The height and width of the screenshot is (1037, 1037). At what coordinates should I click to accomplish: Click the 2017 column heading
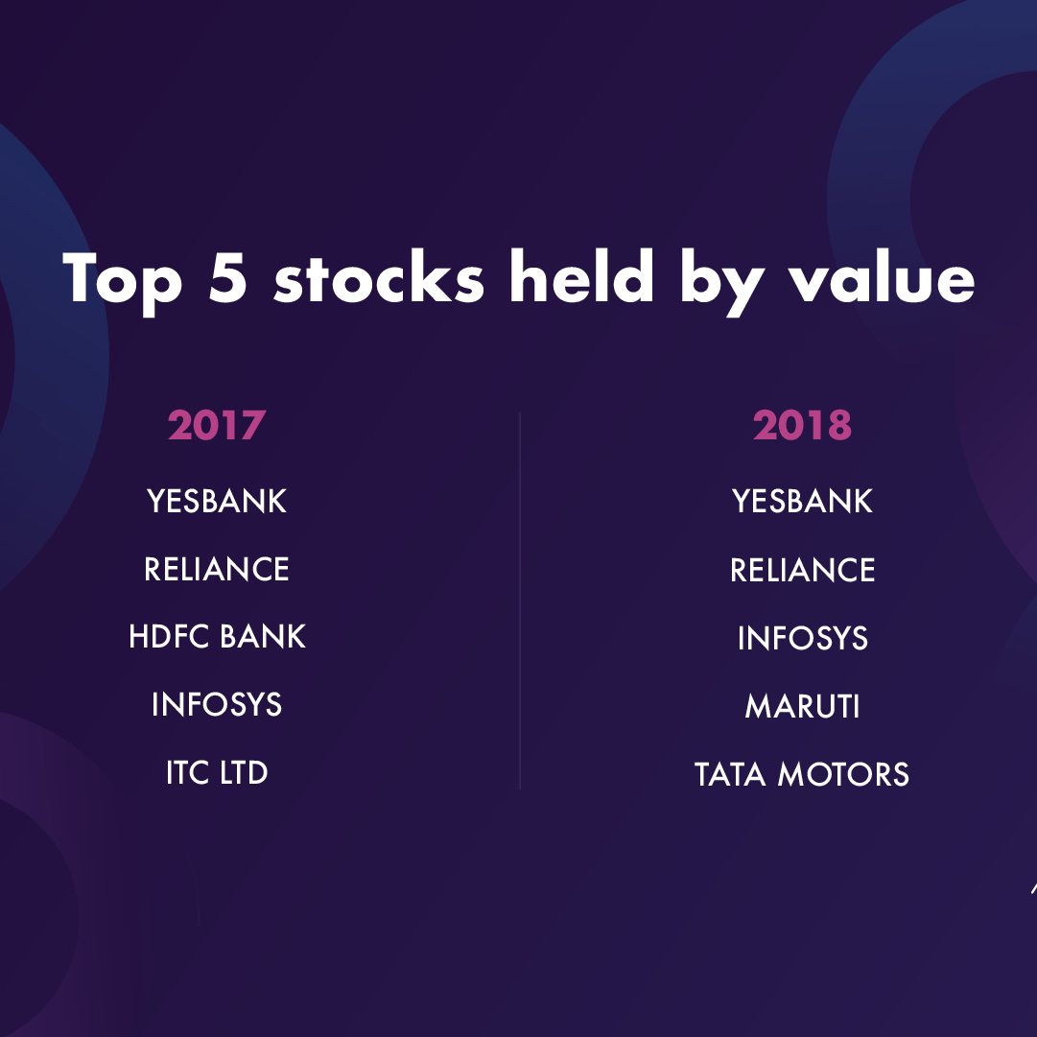pyautogui.click(x=216, y=425)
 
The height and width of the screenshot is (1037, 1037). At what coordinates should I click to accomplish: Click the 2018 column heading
pyautogui.click(x=802, y=425)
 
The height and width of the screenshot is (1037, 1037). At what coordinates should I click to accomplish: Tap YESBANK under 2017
pyautogui.click(x=216, y=501)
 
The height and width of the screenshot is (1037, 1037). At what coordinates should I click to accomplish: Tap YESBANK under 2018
pyautogui.click(x=802, y=501)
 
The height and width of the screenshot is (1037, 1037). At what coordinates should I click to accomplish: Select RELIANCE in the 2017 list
pyautogui.click(x=216, y=569)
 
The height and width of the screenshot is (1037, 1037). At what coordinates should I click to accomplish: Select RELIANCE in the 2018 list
pyautogui.click(x=802, y=570)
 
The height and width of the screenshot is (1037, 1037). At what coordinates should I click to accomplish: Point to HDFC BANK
pyautogui.click(x=217, y=636)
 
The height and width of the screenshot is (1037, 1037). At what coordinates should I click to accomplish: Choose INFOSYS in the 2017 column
pyautogui.click(x=216, y=704)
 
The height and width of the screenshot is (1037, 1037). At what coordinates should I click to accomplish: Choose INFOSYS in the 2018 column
pyautogui.click(x=802, y=638)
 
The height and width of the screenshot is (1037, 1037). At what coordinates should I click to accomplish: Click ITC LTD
pyautogui.click(x=216, y=772)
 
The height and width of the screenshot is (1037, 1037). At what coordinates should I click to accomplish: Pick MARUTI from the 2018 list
pyautogui.click(x=802, y=706)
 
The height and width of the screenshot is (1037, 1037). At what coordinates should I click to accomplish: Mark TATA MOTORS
pyautogui.click(x=802, y=774)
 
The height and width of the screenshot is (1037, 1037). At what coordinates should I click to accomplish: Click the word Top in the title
pyautogui.click(x=123, y=281)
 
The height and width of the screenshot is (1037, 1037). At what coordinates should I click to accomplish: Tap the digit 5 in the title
pyautogui.click(x=227, y=277)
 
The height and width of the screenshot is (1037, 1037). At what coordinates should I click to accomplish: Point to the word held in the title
pyautogui.click(x=581, y=275)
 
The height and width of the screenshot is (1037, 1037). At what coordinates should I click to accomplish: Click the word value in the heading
pyautogui.click(x=882, y=275)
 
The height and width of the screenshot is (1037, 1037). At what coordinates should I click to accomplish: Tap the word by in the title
pyautogui.click(x=722, y=282)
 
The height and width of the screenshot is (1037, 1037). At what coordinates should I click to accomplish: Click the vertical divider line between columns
pyautogui.click(x=520, y=601)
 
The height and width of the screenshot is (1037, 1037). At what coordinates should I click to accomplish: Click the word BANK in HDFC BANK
pyautogui.click(x=263, y=636)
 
